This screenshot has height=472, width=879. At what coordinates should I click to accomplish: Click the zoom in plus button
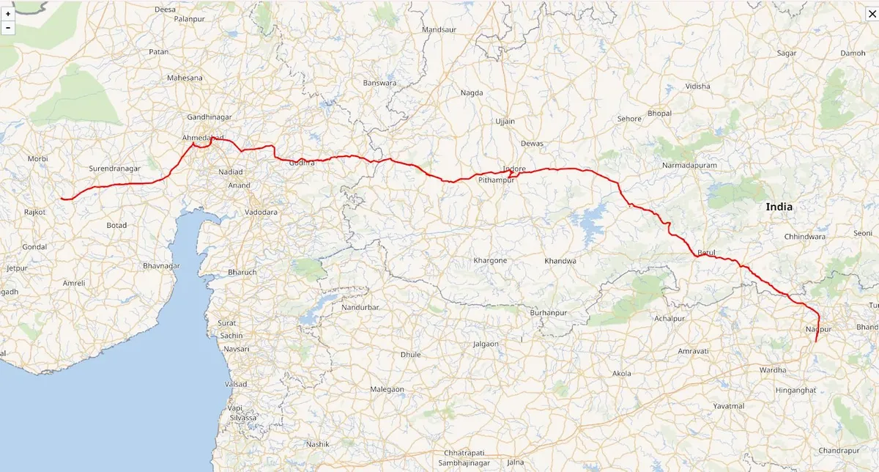pos(8,14)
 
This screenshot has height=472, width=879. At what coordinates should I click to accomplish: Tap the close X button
pos(872,14)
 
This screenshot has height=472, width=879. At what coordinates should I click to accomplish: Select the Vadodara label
pos(261,212)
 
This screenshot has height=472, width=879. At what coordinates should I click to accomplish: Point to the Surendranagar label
pos(114,169)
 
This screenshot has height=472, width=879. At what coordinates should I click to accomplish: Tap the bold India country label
pos(779,207)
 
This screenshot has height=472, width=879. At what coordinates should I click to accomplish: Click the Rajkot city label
pos(34,212)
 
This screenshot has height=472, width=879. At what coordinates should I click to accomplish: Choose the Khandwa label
pos(560,261)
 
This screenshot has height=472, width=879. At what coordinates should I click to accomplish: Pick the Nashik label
pos(319,444)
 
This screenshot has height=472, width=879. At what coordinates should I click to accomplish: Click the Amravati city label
pos(693,352)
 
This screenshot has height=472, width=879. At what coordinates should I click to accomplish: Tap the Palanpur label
pos(190,19)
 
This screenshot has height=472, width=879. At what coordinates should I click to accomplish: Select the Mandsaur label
pos(439,30)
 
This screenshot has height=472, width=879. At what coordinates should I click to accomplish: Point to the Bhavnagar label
pos(160,265)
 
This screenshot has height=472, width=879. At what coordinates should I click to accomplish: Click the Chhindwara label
pos(805,237)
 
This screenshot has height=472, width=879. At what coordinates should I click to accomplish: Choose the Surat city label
pos(229,322)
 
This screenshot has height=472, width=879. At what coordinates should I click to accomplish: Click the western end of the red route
pos(62,198)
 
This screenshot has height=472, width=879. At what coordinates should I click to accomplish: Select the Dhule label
pos(411,355)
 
